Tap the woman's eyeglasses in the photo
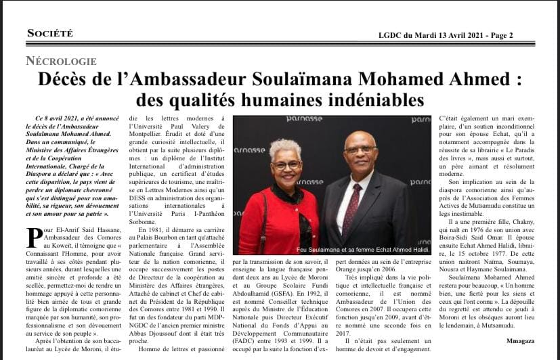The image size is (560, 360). pyautogui.click(x=287, y=165)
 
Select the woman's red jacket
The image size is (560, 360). pyautogui.click(x=271, y=217)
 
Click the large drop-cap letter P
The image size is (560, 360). pyautogui.click(x=33, y=238)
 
